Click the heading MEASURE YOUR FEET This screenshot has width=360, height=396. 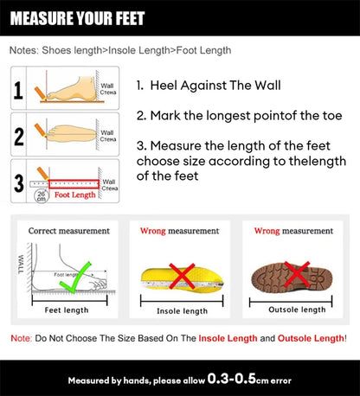click(78, 18)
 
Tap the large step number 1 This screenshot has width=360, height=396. click(18, 91)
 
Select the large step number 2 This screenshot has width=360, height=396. click(18, 135)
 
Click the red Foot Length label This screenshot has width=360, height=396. click(75, 195)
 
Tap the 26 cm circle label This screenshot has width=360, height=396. click(41, 196)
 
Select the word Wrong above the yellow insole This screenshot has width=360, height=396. click(154, 231)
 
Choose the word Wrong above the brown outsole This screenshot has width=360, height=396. click(267, 231)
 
